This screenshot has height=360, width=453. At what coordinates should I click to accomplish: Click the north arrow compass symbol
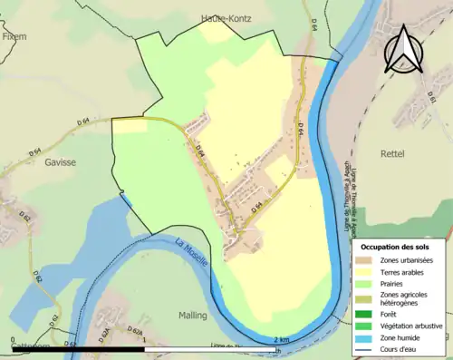pyautogui.click(x=405, y=48)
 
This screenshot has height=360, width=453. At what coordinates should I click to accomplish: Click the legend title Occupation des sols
pyautogui.click(x=395, y=247)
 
